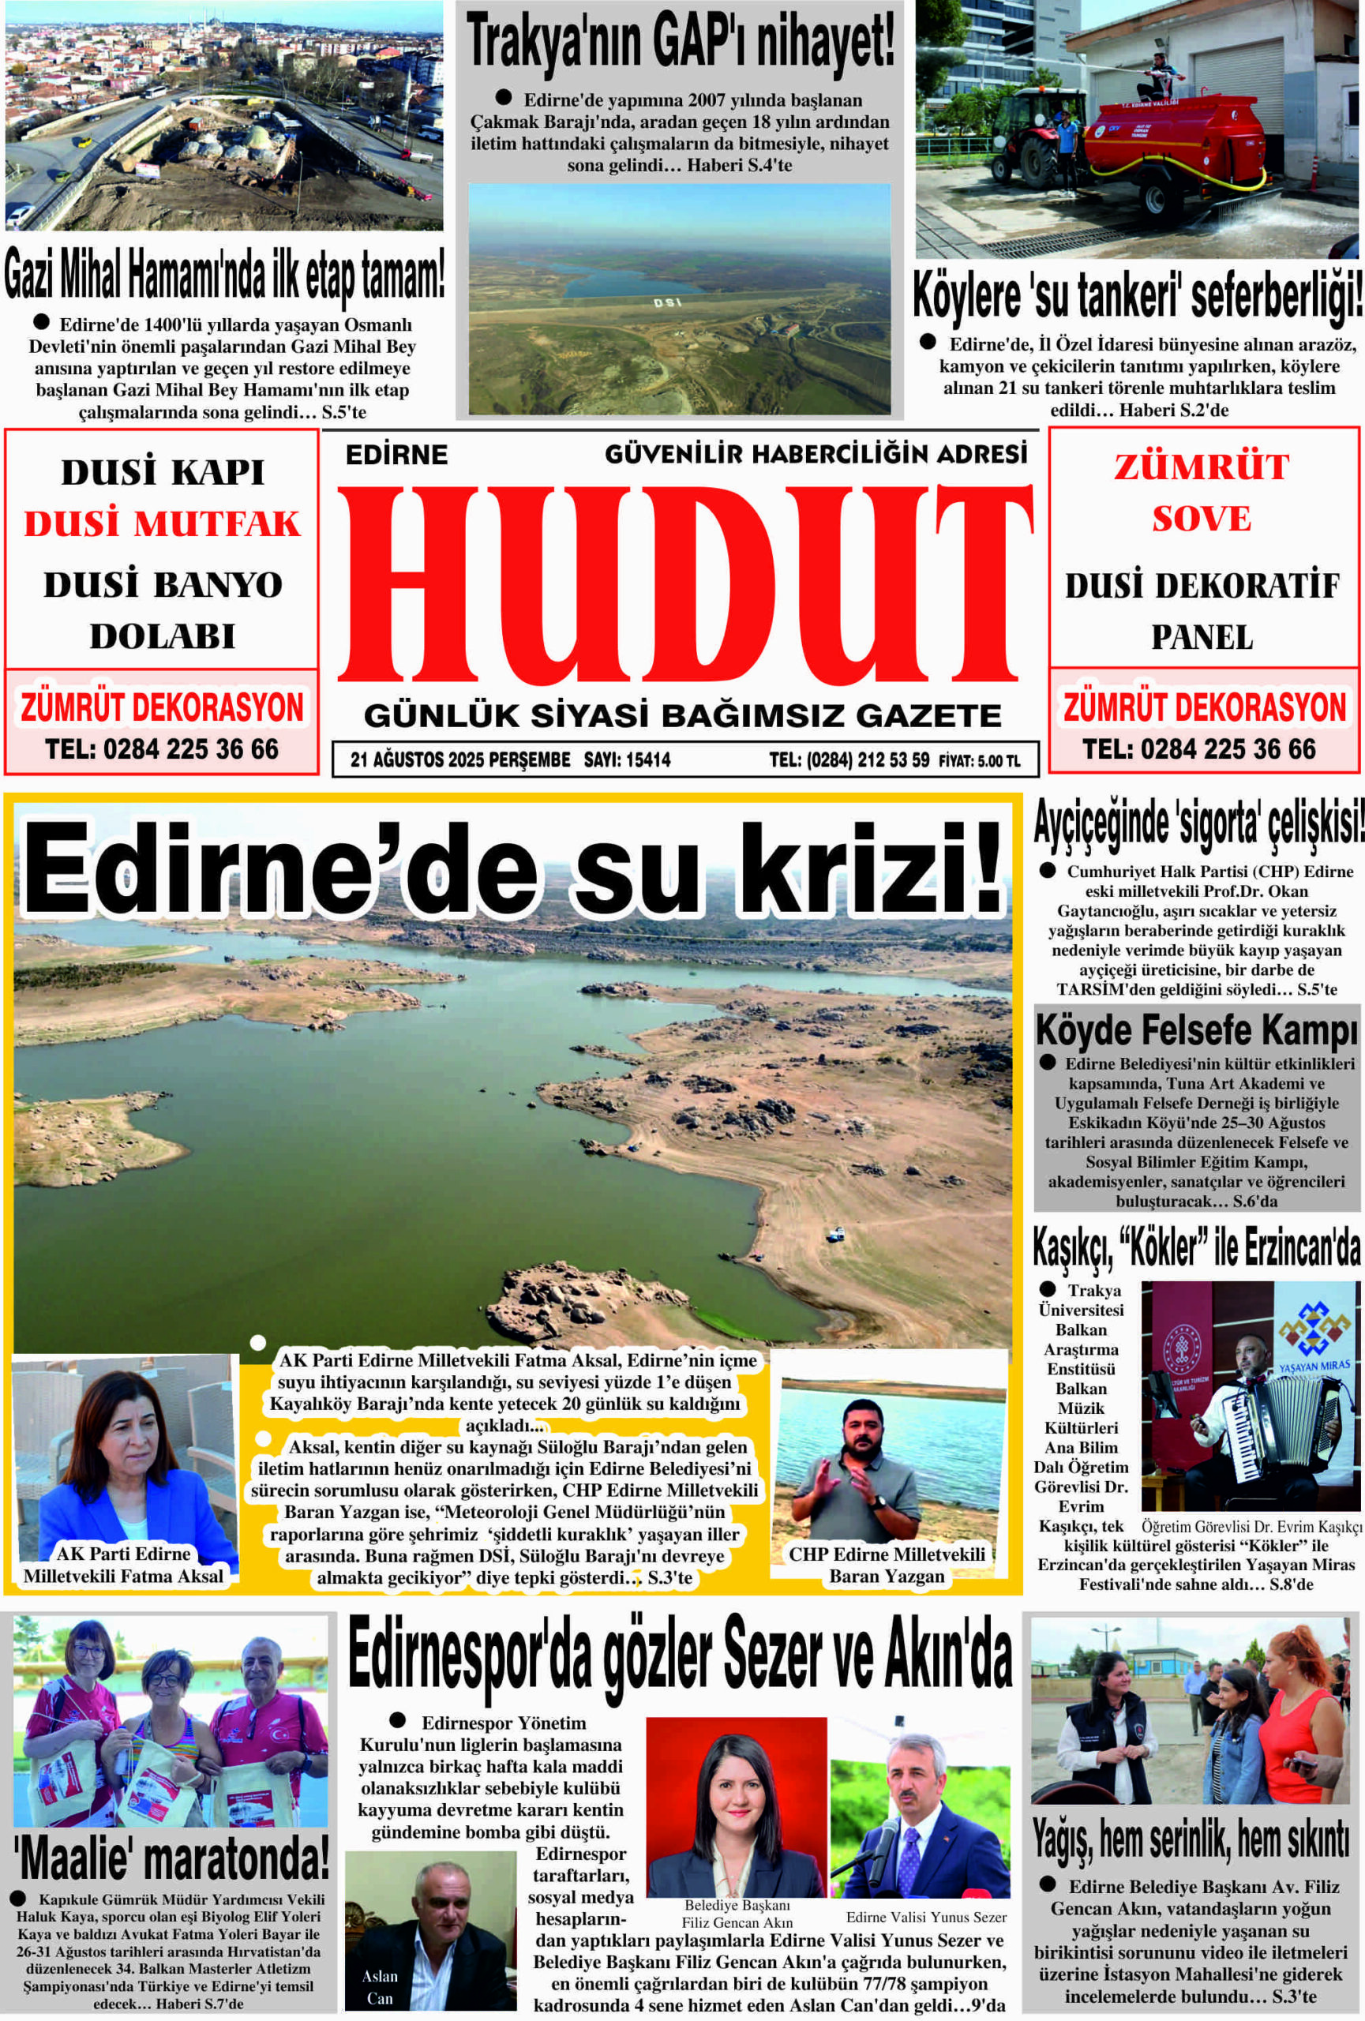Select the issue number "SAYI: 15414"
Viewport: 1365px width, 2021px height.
tap(627, 760)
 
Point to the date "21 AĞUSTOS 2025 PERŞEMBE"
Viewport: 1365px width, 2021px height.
tap(460, 760)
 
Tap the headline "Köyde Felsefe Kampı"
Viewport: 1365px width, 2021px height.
tap(1196, 1031)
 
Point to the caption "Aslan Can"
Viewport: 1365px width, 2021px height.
tap(379, 1987)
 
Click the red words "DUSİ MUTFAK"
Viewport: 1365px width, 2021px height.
tap(162, 523)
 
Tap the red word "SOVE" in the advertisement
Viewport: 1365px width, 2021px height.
tap(1202, 519)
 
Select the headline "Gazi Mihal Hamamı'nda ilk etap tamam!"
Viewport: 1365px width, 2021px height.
tap(224, 273)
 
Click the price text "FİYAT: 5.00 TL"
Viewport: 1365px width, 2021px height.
tap(978, 761)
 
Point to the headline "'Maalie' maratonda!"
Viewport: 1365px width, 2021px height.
tap(171, 1858)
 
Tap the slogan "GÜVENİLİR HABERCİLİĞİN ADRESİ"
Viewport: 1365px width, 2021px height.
tap(816, 453)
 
